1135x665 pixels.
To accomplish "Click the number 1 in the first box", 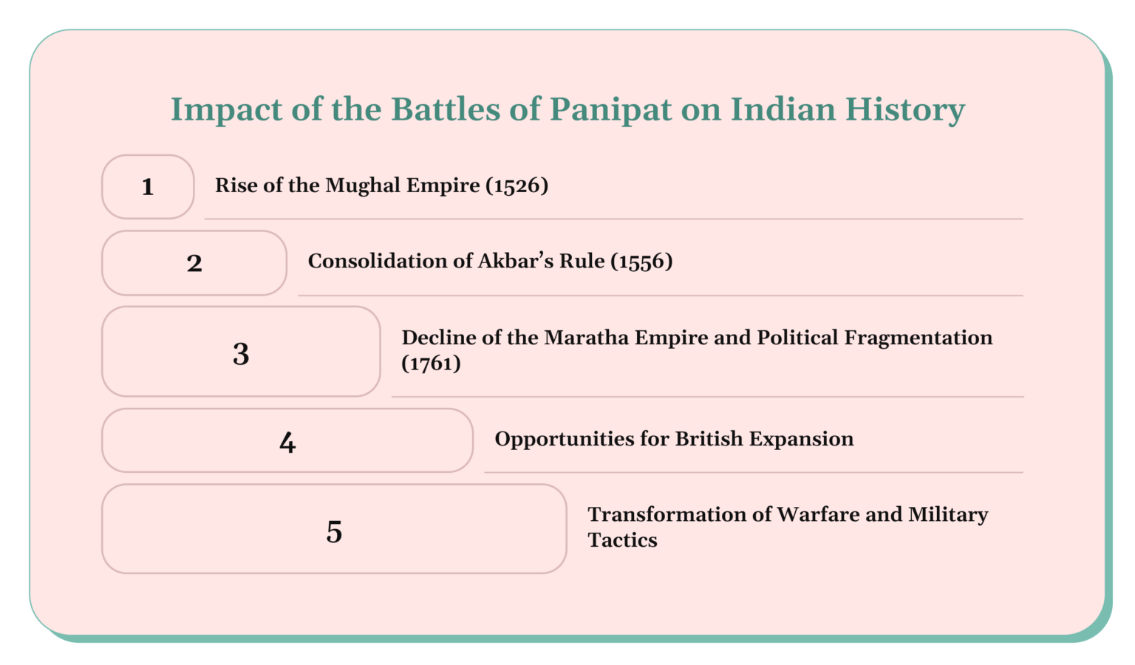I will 148,187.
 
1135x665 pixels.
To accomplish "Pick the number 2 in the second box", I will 194,264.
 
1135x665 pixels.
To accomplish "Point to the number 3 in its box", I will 241,354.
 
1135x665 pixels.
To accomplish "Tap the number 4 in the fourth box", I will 287,443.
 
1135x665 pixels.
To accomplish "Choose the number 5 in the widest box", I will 334,532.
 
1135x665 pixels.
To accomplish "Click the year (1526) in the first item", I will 517,185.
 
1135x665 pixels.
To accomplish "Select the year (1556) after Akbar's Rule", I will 641,262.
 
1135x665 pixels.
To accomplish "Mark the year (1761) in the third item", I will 431,364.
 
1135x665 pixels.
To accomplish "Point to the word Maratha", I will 587,338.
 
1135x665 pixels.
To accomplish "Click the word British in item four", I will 709,439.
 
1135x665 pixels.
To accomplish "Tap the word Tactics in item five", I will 622,540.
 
